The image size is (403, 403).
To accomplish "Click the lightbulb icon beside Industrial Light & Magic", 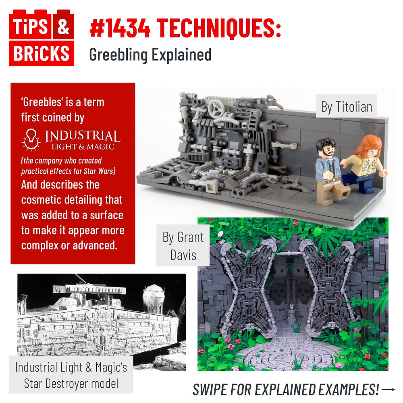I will coord(31,138).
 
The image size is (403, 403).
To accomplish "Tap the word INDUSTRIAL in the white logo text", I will coord(82,135).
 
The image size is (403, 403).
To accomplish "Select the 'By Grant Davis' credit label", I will coord(183,246).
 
